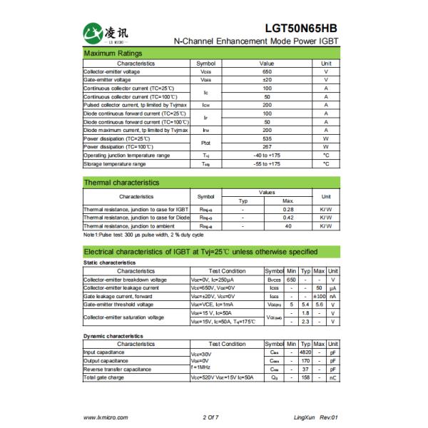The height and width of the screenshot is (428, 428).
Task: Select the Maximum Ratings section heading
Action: [x=113, y=54]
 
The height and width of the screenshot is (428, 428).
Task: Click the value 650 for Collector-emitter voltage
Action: [x=267, y=72]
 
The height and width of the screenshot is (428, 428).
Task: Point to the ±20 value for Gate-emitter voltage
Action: [x=267, y=80]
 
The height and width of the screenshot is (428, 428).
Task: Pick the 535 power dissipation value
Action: [x=267, y=138]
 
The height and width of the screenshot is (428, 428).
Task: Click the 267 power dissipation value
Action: [x=267, y=147]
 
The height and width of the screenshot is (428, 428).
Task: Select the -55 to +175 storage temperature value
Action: [x=267, y=163]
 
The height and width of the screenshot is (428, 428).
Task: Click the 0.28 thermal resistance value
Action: [x=288, y=209]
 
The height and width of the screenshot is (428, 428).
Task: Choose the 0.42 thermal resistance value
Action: [x=288, y=218]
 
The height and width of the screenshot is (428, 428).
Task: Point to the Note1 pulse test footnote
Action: [x=143, y=234]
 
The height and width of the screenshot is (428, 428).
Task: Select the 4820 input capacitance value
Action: [x=305, y=352]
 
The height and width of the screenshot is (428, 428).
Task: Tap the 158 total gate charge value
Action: [x=305, y=377]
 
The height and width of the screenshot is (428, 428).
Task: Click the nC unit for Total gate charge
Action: [x=332, y=377]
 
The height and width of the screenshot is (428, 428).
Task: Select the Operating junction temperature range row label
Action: [x=126, y=155]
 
